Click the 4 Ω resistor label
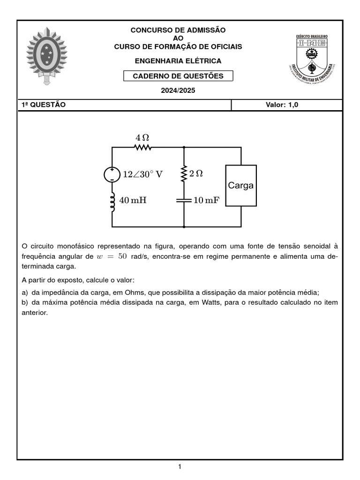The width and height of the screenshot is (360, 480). point(142,137)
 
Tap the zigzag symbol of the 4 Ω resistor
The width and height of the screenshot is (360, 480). point(142,148)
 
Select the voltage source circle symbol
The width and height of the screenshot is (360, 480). point(112,174)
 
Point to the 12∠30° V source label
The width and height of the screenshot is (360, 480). point(142,174)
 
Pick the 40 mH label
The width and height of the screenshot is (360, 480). point(133,201)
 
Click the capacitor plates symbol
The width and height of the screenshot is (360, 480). point(184,200)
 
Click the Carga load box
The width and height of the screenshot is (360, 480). point(241,186)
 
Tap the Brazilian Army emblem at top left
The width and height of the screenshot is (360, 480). point(47,55)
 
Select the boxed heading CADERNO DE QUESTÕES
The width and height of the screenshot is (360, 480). point(178,76)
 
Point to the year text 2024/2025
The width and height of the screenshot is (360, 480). point(178,90)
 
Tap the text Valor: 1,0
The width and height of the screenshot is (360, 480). point(282,105)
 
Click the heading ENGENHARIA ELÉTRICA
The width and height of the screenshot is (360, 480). point(178,61)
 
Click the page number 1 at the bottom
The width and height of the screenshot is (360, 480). point(180,466)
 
